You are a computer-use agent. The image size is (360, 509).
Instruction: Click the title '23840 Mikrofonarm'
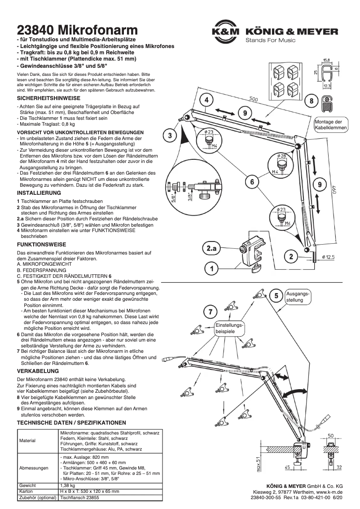click(x=77, y=30)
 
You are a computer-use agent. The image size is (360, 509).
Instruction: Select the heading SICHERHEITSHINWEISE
click(x=48, y=98)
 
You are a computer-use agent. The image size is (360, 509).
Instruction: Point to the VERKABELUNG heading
click(x=38, y=372)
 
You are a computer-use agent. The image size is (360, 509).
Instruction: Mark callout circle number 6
click(x=252, y=182)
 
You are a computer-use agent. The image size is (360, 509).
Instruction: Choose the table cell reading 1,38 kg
click(x=67, y=486)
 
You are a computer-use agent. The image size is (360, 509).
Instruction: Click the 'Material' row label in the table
click(x=27, y=441)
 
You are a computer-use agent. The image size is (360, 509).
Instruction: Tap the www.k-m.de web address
click(x=329, y=492)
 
